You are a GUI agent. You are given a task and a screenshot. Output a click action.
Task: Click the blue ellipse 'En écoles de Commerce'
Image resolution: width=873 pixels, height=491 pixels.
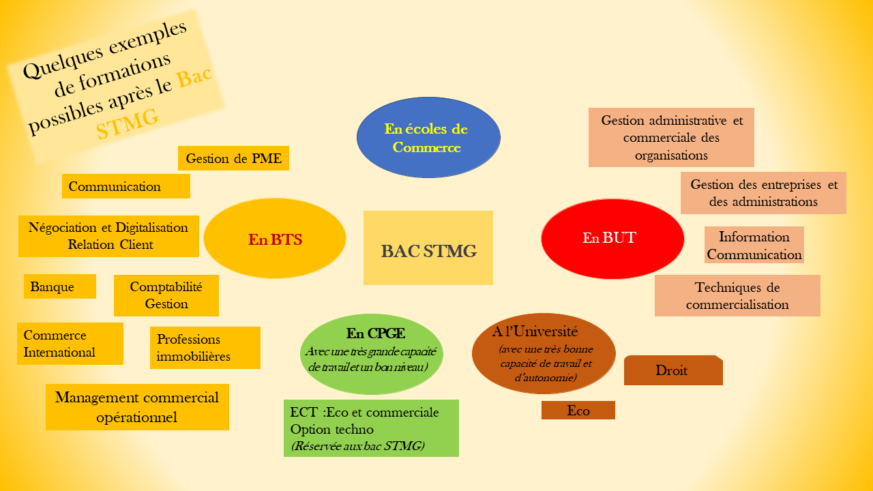click(428, 137)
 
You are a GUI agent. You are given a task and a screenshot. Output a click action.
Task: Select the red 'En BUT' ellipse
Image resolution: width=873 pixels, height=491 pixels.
click(612, 238)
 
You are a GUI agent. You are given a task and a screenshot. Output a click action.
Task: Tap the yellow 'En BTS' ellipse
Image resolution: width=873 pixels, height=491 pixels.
click(275, 239)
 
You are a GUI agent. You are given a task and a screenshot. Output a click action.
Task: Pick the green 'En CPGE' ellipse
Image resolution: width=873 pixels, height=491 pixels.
click(372, 353)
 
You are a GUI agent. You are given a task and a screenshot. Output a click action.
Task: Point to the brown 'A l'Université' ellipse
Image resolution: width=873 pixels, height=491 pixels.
click(544, 353)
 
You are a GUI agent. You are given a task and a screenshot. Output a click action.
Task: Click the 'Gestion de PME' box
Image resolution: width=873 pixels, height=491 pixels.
click(234, 158)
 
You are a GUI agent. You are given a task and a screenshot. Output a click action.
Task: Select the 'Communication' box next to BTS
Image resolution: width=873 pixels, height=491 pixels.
click(126, 186)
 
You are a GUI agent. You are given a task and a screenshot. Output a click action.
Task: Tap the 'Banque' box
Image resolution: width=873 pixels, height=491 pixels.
click(60, 286)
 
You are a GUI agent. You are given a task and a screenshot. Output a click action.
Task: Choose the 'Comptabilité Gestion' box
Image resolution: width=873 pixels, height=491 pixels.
click(166, 295)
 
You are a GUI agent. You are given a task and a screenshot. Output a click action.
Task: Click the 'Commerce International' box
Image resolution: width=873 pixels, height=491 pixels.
click(70, 344)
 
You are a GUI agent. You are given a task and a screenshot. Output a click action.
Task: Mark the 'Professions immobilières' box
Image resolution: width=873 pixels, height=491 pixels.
click(205, 348)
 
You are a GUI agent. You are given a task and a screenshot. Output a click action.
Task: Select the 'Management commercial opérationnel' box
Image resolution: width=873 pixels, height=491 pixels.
click(137, 407)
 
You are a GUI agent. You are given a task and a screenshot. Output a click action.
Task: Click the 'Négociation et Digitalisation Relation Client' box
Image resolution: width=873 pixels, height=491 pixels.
click(108, 236)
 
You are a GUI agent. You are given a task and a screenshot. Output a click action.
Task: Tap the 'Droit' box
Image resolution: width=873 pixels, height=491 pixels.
click(672, 371)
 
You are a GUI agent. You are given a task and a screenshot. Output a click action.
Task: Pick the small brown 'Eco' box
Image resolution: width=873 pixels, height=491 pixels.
click(578, 410)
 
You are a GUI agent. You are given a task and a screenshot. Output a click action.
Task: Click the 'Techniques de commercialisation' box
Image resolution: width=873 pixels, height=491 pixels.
click(737, 296)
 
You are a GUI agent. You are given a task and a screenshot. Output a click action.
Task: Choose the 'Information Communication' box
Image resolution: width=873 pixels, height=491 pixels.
click(754, 245)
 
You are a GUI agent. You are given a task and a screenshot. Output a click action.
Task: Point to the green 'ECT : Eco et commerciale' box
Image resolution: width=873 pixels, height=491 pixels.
click(371, 428)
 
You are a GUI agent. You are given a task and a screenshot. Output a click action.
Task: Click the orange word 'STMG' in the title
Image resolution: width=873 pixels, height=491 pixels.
click(128, 124)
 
